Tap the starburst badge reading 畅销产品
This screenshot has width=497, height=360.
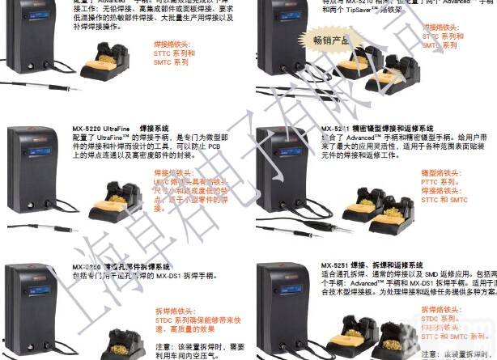click(332, 39)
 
